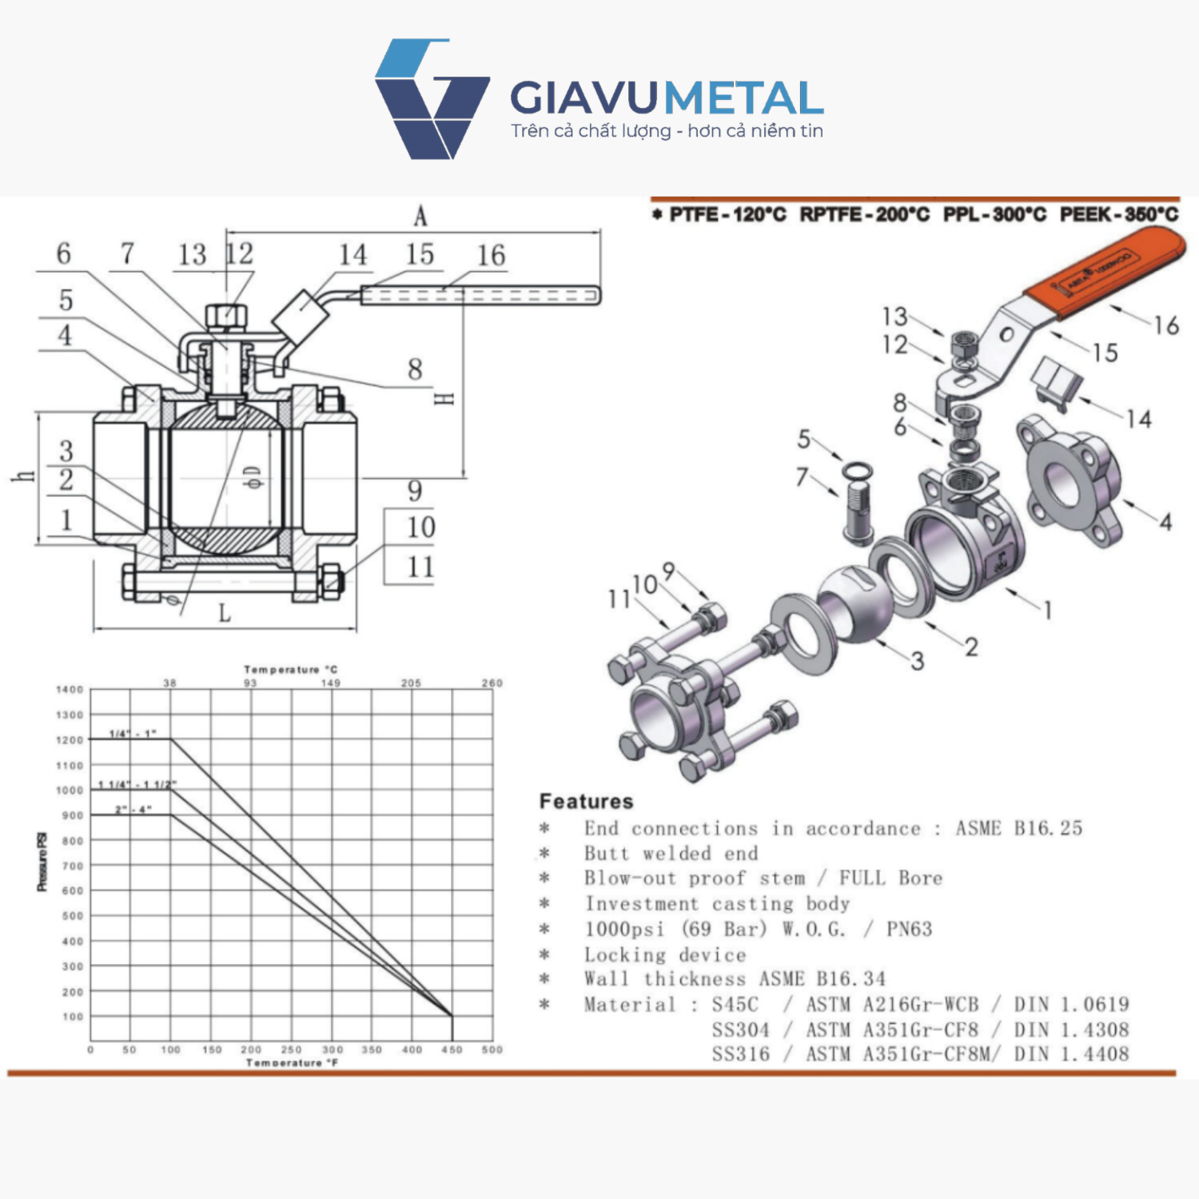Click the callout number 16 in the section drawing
491,256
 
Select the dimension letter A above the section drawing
420,216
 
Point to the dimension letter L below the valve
225,613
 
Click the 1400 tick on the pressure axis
70,690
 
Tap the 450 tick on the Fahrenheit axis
452,1050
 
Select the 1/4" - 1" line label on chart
133,733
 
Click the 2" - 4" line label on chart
133,810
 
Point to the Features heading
586,801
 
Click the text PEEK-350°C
1118,214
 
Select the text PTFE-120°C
727,214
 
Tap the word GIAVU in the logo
584,98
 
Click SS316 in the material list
740,1054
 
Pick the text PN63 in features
909,929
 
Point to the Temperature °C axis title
291,669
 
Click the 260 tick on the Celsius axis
492,683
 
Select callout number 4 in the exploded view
1165,522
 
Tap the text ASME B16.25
1019,828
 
